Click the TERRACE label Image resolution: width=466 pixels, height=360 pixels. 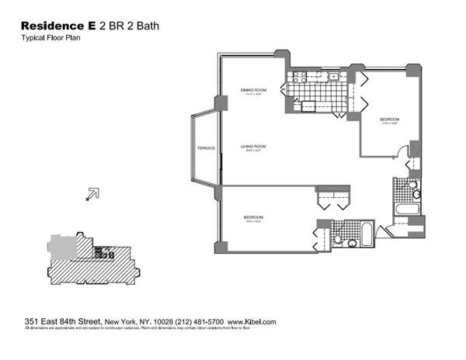click(x=205, y=147)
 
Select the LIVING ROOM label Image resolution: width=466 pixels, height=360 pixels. click(x=253, y=147)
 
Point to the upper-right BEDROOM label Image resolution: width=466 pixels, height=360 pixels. click(x=389, y=119)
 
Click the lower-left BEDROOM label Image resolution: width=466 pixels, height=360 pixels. click(x=254, y=217)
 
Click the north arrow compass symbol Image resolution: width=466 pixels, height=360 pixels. click(x=92, y=193)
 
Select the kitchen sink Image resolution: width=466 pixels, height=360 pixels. click(x=332, y=76)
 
